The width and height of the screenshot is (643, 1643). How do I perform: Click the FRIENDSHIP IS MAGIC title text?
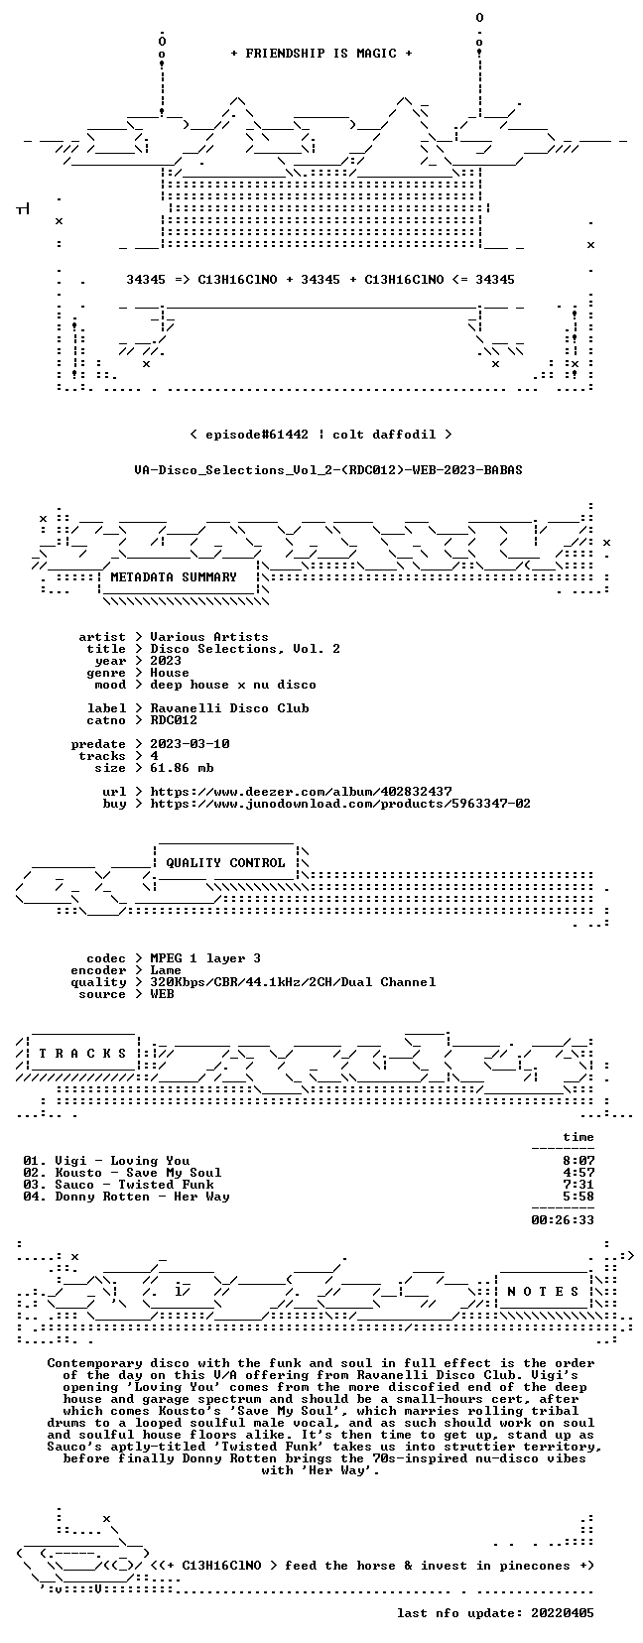[321, 54]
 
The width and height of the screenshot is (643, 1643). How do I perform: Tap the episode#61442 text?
[257, 435]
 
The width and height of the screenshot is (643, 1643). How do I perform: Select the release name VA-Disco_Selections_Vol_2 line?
[328, 470]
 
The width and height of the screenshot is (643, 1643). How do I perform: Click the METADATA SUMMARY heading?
[174, 577]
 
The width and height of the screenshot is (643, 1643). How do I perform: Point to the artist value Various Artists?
[209, 637]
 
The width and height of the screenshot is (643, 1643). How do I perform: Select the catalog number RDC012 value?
[174, 720]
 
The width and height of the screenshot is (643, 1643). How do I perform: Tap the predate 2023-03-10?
[190, 744]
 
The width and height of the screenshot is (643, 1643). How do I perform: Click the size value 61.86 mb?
[182, 768]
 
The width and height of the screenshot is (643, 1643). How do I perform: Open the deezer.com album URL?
[302, 792]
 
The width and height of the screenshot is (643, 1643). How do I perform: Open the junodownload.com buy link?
[340, 804]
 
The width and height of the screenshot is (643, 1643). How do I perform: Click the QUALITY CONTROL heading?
[225, 863]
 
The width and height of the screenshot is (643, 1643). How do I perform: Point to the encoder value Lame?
[166, 970]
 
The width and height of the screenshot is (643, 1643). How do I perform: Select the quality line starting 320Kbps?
[293, 982]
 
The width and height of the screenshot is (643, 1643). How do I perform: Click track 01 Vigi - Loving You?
[106, 1161]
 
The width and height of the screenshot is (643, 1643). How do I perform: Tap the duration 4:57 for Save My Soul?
[579, 1173]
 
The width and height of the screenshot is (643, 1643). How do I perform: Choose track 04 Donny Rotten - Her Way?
[126, 1198]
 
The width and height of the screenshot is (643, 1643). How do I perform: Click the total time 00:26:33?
[563, 1220]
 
